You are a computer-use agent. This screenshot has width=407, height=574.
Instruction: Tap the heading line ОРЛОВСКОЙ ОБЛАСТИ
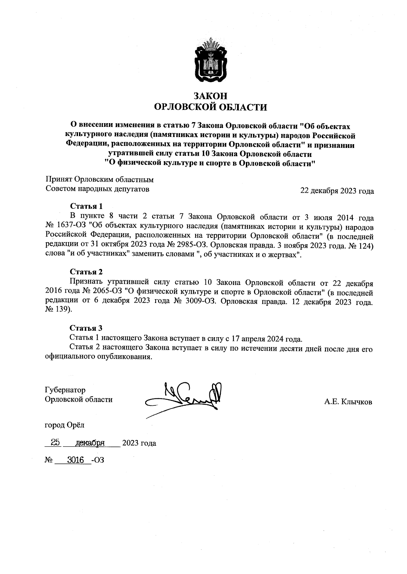pyautogui.click(x=210, y=108)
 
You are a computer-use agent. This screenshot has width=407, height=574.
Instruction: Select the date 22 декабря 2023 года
pyautogui.click(x=337, y=191)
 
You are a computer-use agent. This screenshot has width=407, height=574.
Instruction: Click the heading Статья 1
pyautogui.click(x=86, y=206)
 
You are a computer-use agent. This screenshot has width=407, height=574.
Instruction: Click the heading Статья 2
pyautogui.click(x=86, y=272)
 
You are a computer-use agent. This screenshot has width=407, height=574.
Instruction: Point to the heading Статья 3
pyautogui.click(x=86, y=328)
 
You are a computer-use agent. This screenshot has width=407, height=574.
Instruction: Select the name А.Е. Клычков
pyautogui.click(x=348, y=402)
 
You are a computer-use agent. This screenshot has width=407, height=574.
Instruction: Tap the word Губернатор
pyautogui.click(x=65, y=390)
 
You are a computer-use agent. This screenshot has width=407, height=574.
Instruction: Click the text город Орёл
pyautogui.click(x=65, y=425)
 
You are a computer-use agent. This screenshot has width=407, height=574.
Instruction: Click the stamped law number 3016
pyautogui.click(x=76, y=460)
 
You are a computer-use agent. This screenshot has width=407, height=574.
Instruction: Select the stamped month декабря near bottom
pyautogui.click(x=90, y=443)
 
